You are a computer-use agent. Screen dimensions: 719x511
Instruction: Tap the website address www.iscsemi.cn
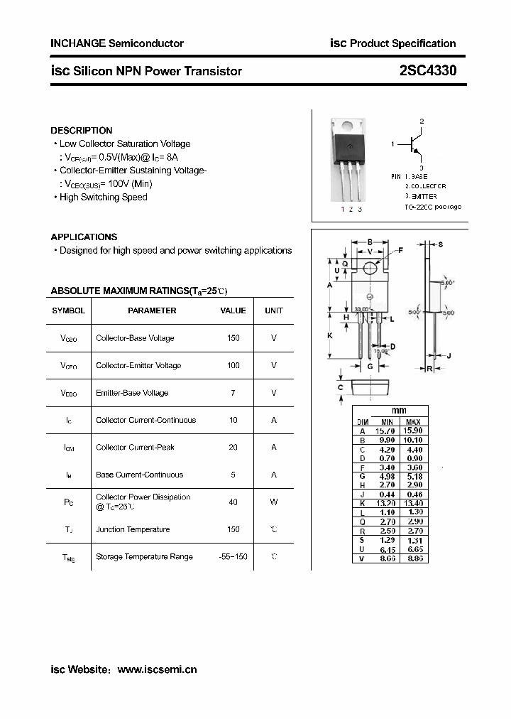[156, 669]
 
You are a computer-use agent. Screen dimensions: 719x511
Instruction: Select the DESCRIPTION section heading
[81, 131]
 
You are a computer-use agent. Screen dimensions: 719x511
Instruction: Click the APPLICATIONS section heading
[84, 237]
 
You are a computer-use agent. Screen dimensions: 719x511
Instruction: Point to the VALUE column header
[233, 310]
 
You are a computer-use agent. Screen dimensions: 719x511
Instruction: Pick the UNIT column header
[273, 310]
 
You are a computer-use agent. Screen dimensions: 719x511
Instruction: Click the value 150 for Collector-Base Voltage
[233, 338]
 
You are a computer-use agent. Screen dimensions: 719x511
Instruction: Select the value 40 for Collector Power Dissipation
[233, 502]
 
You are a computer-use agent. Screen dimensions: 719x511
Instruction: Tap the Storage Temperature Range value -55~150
[233, 557]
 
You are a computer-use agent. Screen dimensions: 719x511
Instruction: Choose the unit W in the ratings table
[273, 502]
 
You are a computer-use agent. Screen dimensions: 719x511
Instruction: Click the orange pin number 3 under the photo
[360, 209]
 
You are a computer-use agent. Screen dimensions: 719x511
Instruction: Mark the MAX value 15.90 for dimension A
[412, 431]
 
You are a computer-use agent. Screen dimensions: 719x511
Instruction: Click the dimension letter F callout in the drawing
[400, 250]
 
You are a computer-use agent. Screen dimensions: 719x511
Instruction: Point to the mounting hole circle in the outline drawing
[370, 267]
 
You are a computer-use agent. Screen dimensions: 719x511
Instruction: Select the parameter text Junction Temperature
[133, 529]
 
